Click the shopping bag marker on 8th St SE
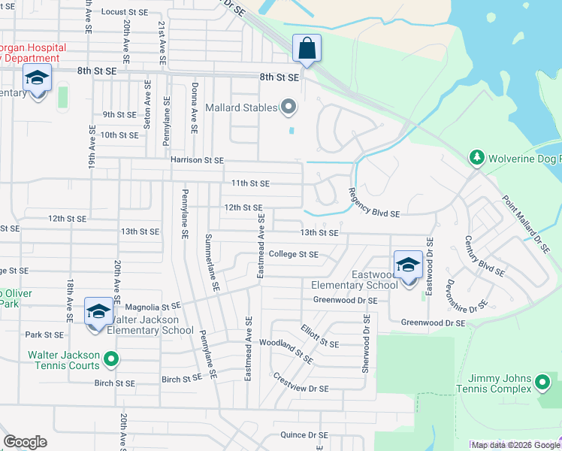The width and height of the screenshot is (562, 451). (x=307, y=49)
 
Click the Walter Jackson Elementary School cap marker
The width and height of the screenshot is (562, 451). (x=98, y=312)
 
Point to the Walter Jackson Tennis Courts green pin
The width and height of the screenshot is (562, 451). (x=111, y=360)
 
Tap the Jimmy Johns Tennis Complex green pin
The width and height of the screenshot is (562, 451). (x=542, y=383)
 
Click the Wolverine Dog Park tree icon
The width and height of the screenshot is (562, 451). (x=475, y=158)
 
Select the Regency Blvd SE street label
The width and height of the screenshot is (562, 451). (x=373, y=204)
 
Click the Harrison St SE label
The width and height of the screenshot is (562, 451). (x=197, y=160)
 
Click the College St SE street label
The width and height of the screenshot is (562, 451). (x=294, y=254)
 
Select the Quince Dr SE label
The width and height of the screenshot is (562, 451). (x=304, y=435)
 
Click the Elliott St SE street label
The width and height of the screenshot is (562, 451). (x=319, y=336)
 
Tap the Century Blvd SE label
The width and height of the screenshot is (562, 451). (x=483, y=256)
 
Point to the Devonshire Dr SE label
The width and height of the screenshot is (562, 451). (x=467, y=295)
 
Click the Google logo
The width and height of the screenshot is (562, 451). (x=25, y=442)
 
